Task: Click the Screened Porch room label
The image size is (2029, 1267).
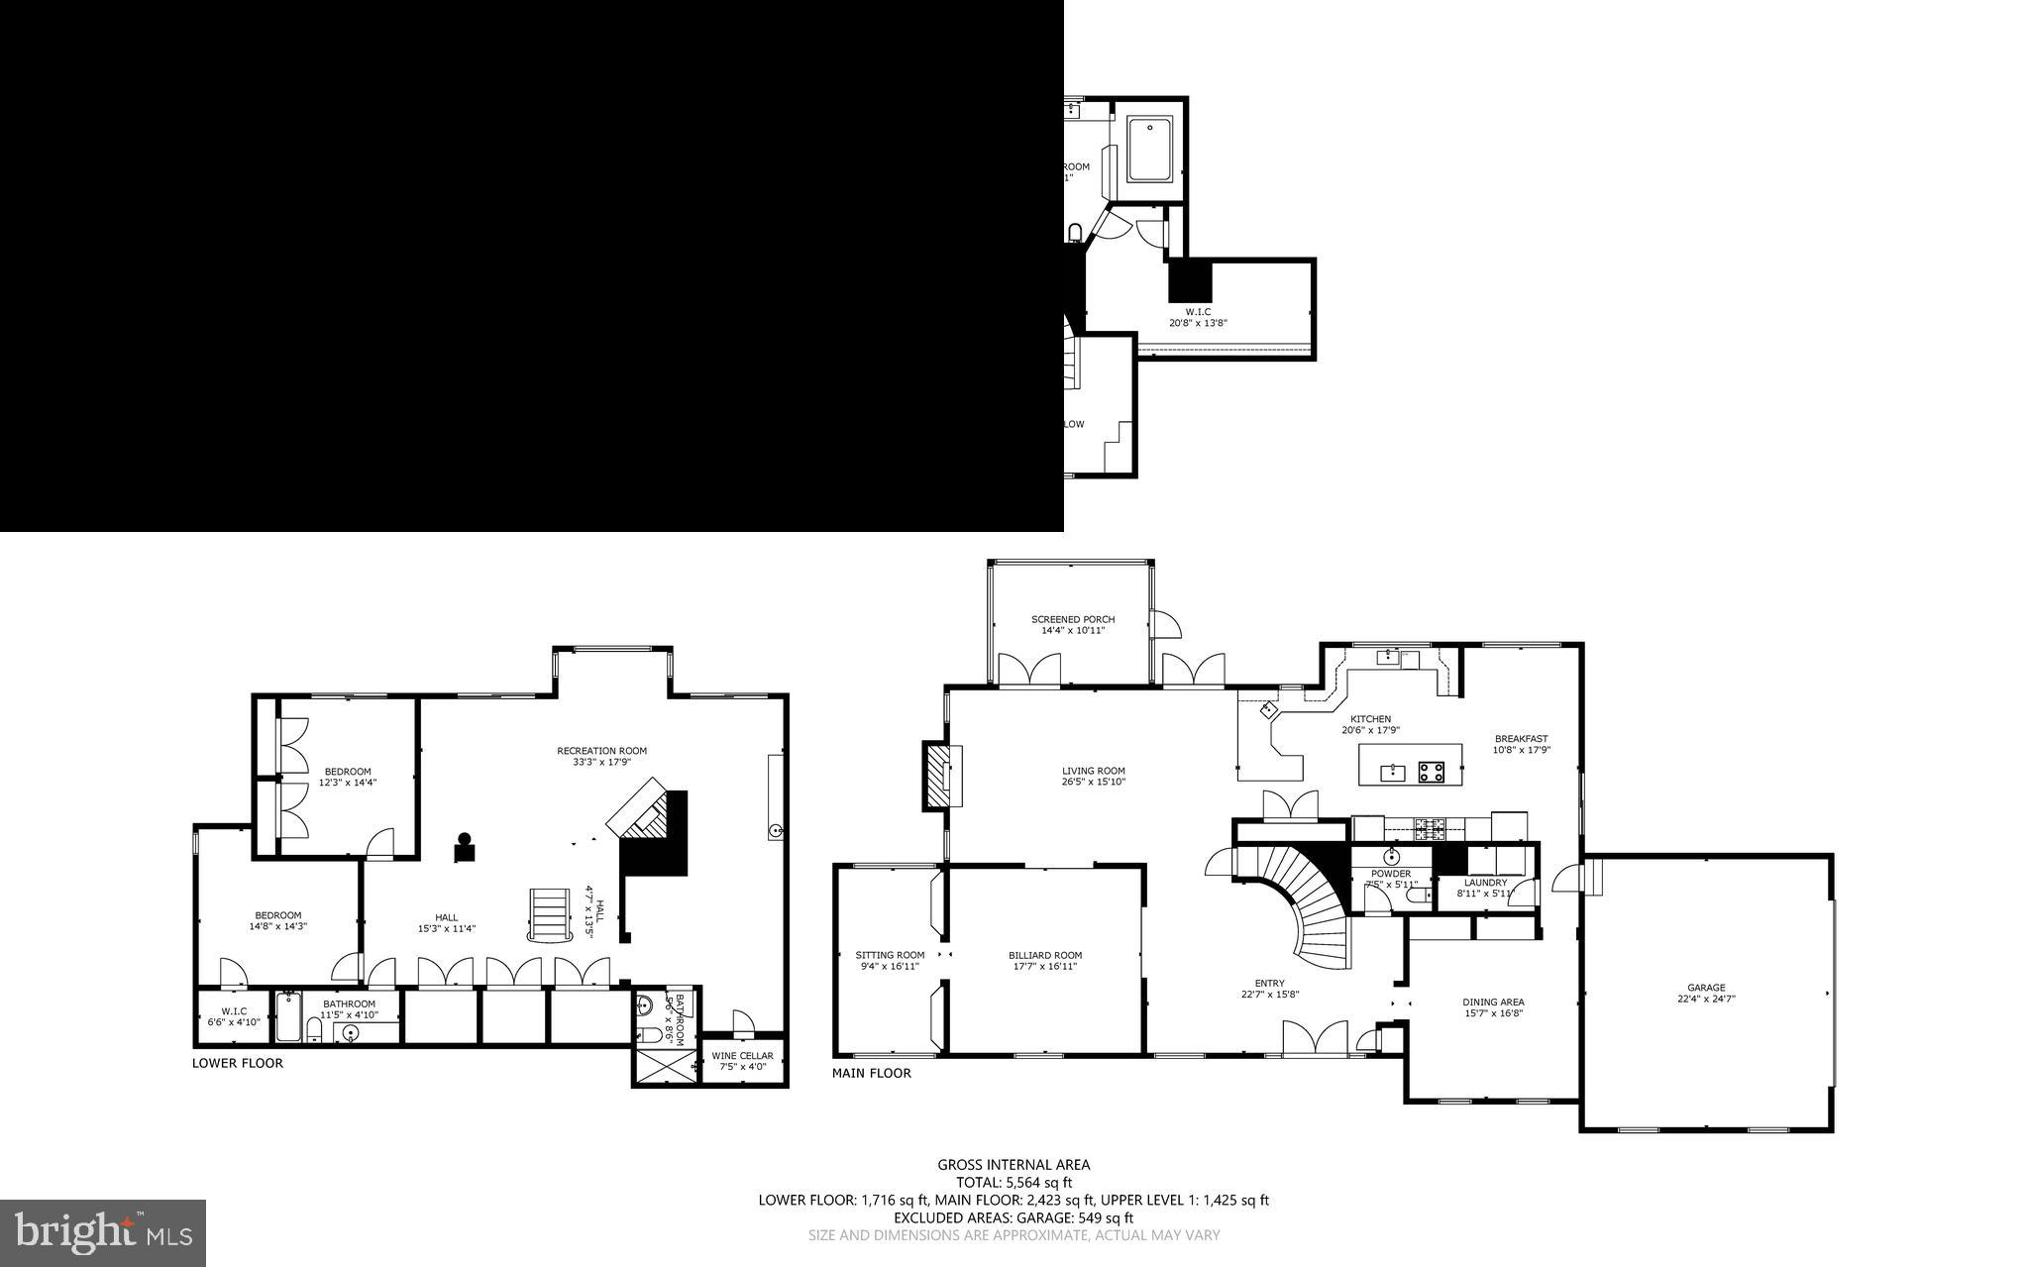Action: (1072, 619)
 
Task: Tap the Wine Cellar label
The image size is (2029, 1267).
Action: (742, 1055)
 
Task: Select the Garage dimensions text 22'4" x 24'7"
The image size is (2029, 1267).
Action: (1706, 1000)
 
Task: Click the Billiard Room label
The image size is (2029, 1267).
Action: (1045, 955)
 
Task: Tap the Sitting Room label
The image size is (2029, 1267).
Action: (890, 955)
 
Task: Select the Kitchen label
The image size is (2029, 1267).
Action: (1370, 719)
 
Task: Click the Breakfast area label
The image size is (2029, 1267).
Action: (1521, 738)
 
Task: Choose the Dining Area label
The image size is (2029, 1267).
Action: (1493, 1002)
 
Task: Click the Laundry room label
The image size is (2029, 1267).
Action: (1485, 882)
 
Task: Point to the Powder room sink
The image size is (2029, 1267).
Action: (1391, 856)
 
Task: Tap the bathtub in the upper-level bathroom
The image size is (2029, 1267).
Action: (1150, 150)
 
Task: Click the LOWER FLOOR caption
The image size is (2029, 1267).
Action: (237, 1063)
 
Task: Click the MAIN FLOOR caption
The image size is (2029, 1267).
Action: (871, 1073)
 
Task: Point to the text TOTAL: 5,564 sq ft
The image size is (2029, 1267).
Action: (1014, 1182)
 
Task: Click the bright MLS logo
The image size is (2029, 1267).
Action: (103, 1232)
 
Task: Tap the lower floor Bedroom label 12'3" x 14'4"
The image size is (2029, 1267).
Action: (348, 772)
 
